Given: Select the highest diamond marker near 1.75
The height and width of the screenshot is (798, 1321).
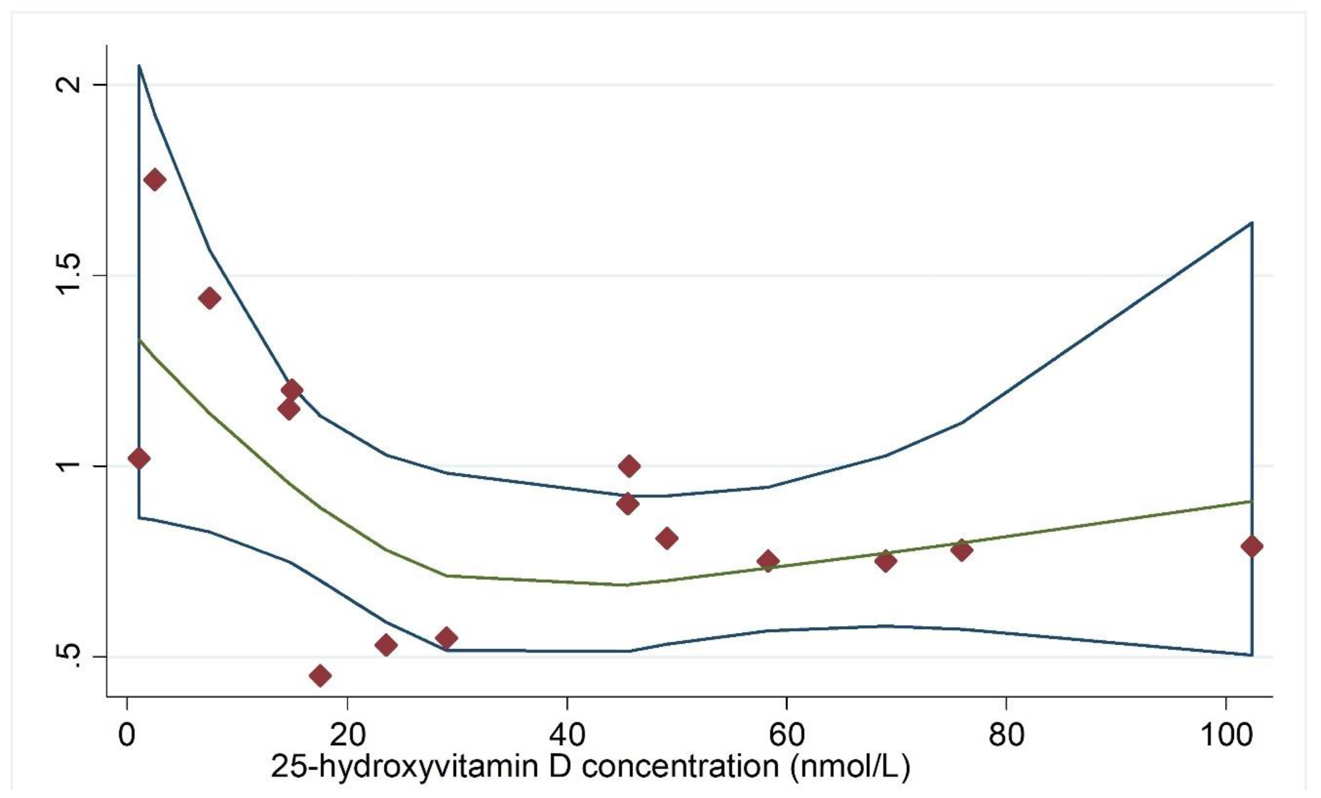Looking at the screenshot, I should (x=155, y=179).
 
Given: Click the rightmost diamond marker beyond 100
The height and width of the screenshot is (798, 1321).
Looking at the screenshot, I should (x=1252, y=546).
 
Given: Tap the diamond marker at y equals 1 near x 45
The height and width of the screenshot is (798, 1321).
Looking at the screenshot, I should (x=629, y=466).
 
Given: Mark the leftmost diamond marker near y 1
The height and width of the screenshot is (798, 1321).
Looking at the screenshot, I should (x=139, y=458).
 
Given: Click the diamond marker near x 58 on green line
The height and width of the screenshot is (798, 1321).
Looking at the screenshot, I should (x=768, y=561).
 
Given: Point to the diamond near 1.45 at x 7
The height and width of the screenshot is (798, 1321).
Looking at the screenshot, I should (x=210, y=298).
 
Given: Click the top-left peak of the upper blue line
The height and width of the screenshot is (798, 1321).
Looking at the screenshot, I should (x=139, y=65).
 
